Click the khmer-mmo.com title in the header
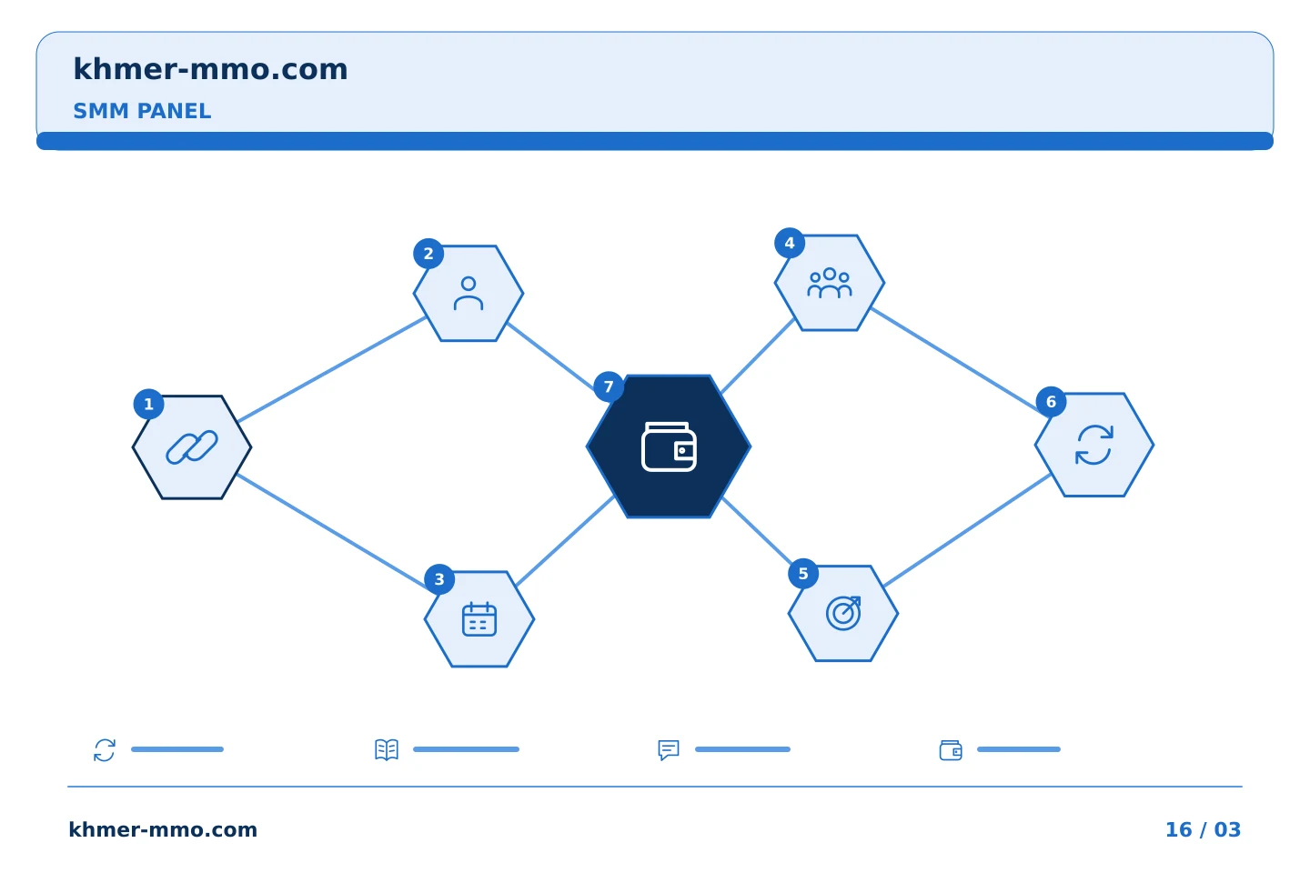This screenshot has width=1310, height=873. pyautogui.click(x=210, y=69)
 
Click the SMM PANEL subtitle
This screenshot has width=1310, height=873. pyautogui.click(x=142, y=111)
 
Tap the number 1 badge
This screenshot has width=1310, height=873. pyautogui.click(x=148, y=404)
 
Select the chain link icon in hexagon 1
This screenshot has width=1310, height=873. pyautogui.click(x=192, y=447)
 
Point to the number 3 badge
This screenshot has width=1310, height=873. pyautogui.click(x=439, y=579)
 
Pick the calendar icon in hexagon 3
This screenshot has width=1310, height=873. pyautogui.click(x=479, y=618)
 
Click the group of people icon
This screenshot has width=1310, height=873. pyautogui.click(x=830, y=283)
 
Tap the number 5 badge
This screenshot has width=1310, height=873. pyautogui.click(x=803, y=574)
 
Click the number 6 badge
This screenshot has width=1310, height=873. pyautogui.click(x=1051, y=402)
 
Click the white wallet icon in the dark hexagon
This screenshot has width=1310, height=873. pyautogui.click(x=669, y=447)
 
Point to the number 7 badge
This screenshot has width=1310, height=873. pyautogui.click(x=609, y=386)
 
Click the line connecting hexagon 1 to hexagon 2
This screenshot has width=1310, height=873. pyautogui.click(x=332, y=369)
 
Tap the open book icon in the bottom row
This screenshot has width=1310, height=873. pyautogui.click(x=387, y=749)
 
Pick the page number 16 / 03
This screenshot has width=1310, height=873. pyautogui.click(x=1203, y=829)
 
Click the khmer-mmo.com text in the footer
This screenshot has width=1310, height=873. pyautogui.click(x=163, y=829)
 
